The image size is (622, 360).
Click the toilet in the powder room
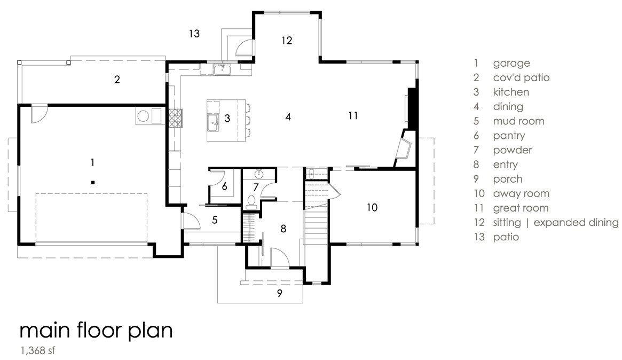pos(251,202)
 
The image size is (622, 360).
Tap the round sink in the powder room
pos(259,174)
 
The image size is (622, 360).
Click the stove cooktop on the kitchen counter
pos(175,118)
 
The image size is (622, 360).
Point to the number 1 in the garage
pos(92,162)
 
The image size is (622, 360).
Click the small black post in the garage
pos(92,183)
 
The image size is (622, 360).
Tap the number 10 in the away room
pos(372,207)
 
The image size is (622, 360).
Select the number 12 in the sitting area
pos(287,40)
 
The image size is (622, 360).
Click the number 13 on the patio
pos(194,34)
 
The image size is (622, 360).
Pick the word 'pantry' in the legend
pos(509,136)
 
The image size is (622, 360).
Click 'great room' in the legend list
pos(521,208)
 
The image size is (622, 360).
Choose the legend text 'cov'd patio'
pos(521,77)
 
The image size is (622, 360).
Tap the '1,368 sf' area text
pos(38,350)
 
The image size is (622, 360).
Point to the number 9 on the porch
pos(280,293)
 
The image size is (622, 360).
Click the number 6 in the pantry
pos(225,186)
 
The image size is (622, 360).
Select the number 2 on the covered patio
pos(117,80)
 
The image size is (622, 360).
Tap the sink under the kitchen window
pos(222,70)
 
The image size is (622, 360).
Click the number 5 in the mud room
pos(215,220)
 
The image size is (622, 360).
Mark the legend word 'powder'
pos(512,150)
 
